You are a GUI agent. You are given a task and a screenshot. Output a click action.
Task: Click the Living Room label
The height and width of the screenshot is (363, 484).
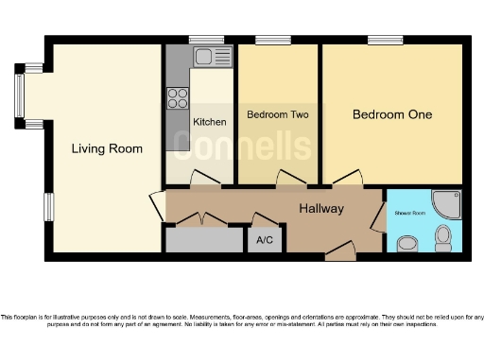108,148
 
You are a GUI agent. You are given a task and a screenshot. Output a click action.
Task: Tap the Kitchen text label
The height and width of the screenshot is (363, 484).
209,122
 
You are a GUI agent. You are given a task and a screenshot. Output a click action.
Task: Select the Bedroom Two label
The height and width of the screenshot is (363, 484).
278,114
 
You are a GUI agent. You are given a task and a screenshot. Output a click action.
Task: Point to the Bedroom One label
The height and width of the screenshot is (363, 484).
392,114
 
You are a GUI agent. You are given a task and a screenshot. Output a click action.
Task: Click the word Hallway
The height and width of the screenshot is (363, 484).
321,208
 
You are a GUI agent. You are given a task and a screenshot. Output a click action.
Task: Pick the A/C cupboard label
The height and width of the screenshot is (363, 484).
265,241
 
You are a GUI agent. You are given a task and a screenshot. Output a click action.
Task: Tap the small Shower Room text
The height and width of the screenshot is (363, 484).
410,214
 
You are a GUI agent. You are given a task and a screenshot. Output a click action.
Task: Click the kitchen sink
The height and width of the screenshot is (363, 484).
205,56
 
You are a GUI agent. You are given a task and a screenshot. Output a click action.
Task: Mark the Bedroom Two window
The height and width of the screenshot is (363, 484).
273,40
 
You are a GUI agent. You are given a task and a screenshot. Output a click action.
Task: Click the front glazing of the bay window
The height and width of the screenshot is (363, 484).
18,95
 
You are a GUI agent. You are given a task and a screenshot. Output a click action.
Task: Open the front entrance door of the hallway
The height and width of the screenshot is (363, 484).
339,251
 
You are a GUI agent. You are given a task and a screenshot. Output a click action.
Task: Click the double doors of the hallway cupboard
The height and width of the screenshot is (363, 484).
201,220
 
